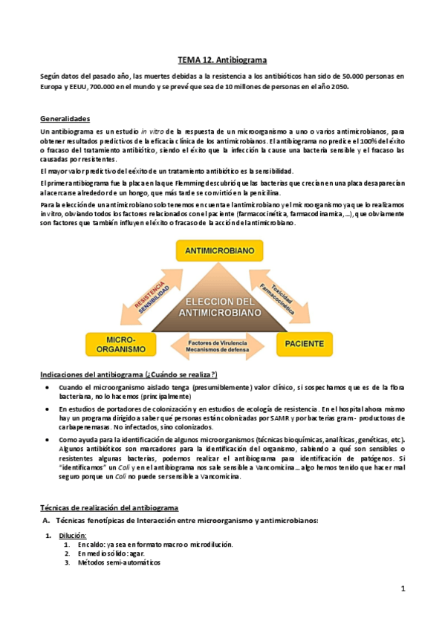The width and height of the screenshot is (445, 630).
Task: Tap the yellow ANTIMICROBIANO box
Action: click(x=223, y=250)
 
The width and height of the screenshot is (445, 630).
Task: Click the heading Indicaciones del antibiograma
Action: click(x=128, y=373)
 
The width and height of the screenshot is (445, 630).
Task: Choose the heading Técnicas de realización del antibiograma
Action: click(x=108, y=507)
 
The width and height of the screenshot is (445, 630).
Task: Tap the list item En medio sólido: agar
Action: click(x=111, y=553)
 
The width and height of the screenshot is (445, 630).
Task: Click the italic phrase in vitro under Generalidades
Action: click(x=152, y=131)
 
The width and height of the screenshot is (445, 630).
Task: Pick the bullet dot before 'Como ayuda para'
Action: click(x=48, y=439)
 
